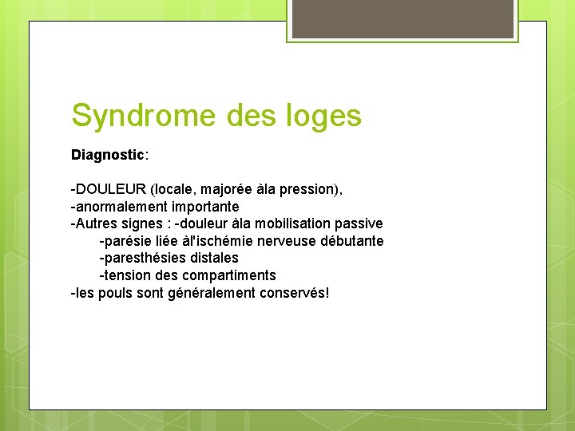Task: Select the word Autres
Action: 97,223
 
